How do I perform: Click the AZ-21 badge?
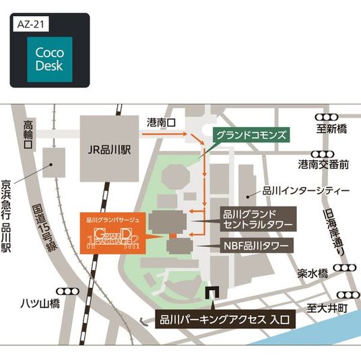tap(31, 24)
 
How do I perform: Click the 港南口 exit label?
tap(160, 123)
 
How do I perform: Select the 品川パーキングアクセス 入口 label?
tap(225, 320)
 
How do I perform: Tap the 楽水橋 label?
tap(312, 274)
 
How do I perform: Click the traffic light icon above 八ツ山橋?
tap(68, 291)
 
